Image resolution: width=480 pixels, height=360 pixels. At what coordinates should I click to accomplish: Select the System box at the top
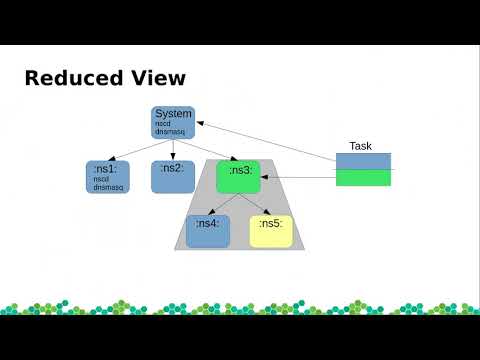coord(173,121)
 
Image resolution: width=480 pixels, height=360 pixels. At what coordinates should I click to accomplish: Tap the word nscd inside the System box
coord(163,125)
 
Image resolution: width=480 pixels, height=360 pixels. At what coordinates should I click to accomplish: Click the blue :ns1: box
coord(107,177)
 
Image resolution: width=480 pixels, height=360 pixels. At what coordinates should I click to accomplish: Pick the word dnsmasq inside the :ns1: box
coord(107,187)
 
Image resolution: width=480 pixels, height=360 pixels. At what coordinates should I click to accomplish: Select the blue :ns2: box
coord(173,176)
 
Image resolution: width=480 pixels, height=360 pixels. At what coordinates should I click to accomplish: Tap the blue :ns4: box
coord(208,231)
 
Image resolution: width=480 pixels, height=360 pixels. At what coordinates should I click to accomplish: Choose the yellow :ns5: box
coord(271,231)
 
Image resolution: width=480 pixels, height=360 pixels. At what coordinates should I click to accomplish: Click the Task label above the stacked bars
coord(360,146)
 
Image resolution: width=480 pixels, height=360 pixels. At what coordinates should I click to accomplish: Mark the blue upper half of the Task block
coord(363,161)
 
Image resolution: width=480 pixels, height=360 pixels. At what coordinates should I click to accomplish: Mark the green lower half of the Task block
coord(363,177)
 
